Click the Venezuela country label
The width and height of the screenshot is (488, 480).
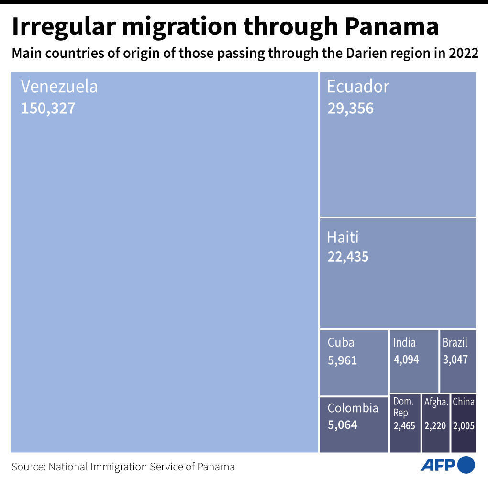pyautogui.click(x=59, y=87)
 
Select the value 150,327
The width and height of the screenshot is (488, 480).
pyautogui.click(x=48, y=108)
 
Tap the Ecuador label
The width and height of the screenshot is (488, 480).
pyautogui.click(x=358, y=87)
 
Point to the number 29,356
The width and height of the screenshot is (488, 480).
pyautogui.click(x=350, y=108)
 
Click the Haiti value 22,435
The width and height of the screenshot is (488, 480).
pyautogui.click(x=348, y=257)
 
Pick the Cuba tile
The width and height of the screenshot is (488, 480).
pyautogui.click(x=353, y=362)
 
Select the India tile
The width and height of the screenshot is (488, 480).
pyautogui.click(x=413, y=361)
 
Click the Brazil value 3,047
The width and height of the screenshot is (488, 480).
pyautogui.click(x=455, y=360)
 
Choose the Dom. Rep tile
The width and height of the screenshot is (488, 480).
pyautogui.click(x=404, y=424)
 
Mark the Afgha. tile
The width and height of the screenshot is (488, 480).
pyautogui.click(x=436, y=424)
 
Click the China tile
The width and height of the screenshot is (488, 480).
pyautogui.click(x=463, y=424)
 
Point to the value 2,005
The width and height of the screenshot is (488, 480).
pyautogui.click(x=464, y=425)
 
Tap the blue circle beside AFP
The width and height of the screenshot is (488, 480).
pyautogui.click(x=466, y=465)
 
